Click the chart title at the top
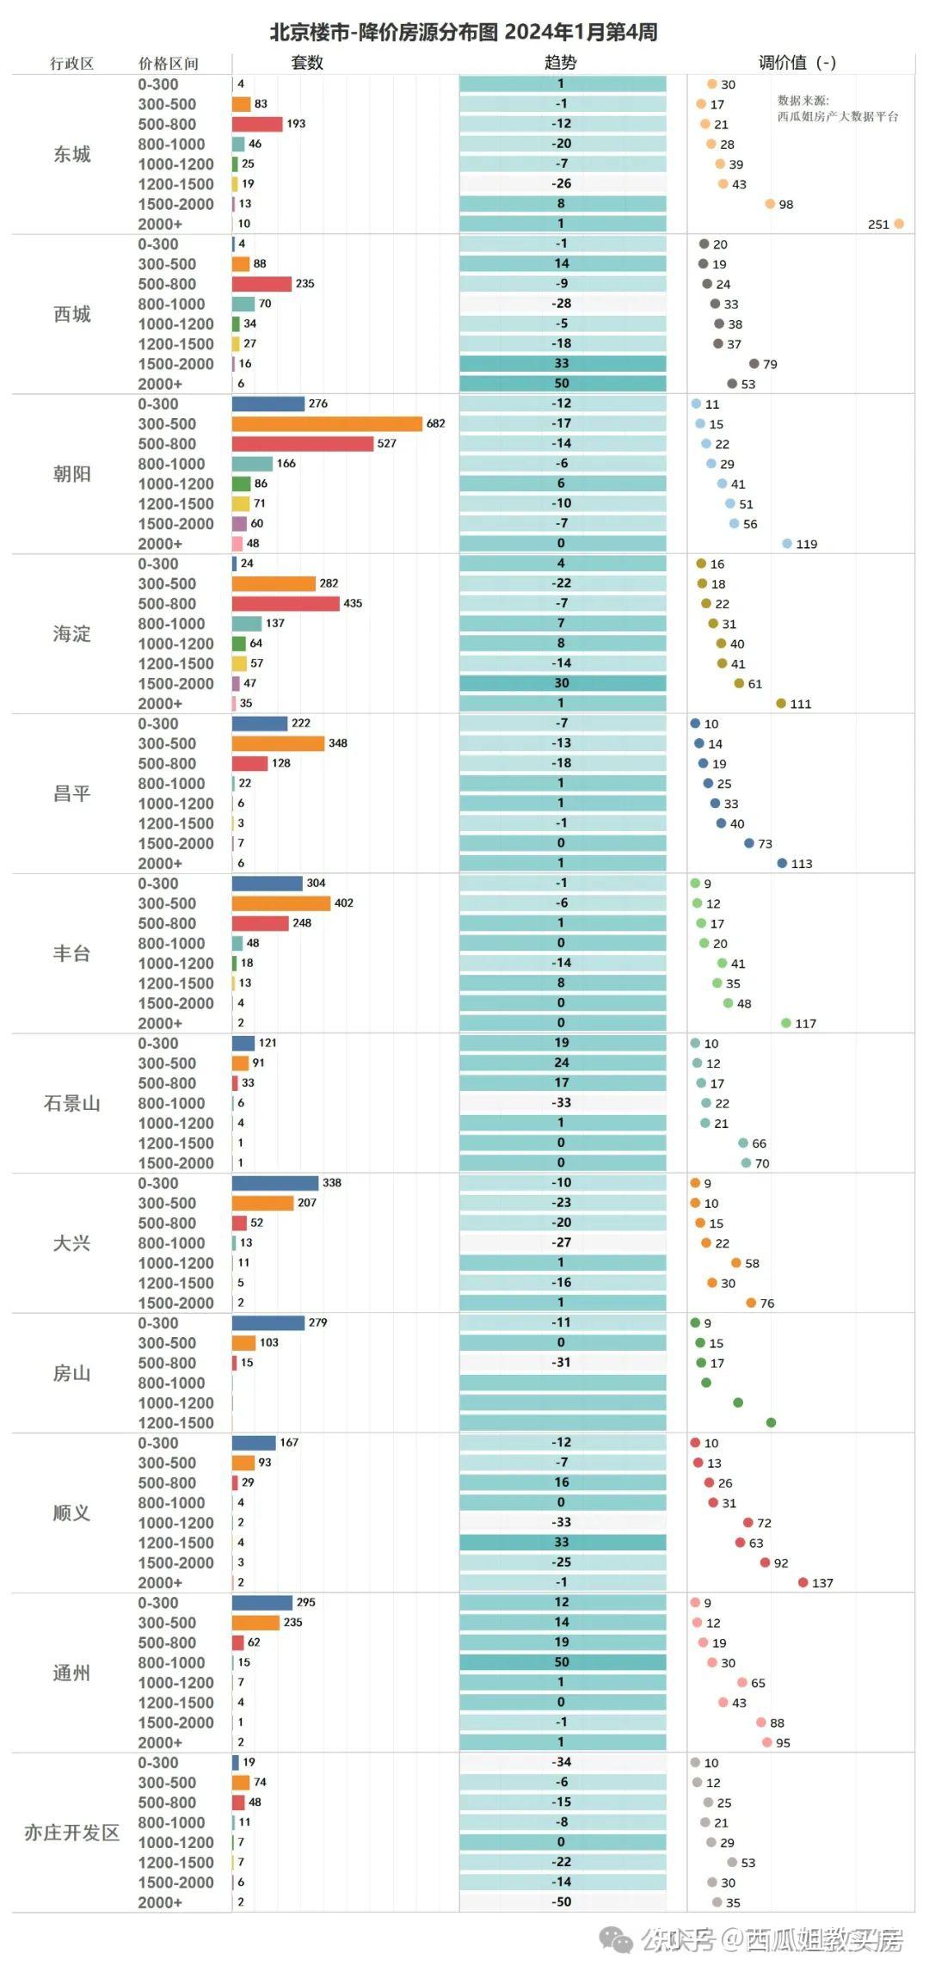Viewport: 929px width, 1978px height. point(464,32)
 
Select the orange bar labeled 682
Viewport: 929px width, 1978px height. point(328,423)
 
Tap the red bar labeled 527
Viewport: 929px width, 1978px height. point(303,443)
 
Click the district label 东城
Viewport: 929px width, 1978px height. point(72,154)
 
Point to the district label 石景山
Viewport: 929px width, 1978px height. point(72,1103)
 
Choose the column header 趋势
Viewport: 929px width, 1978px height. point(561,62)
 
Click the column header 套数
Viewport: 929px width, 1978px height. point(307,62)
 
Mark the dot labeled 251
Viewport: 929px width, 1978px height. point(899,224)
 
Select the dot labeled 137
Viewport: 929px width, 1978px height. point(803,1582)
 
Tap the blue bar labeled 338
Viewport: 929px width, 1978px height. point(275,1183)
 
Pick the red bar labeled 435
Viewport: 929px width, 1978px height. point(286,603)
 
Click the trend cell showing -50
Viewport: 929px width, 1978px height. point(562,1901)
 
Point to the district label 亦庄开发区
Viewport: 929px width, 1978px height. point(72,1833)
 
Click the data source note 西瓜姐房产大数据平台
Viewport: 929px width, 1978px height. point(838,116)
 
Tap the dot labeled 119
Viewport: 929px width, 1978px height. point(787,544)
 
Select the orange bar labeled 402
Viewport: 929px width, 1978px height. point(281,903)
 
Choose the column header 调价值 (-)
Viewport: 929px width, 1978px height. point(797,62)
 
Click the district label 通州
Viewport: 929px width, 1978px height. point(72,1673)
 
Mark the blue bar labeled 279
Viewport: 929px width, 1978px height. point(268,1322)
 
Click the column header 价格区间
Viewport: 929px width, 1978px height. point(169,64)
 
